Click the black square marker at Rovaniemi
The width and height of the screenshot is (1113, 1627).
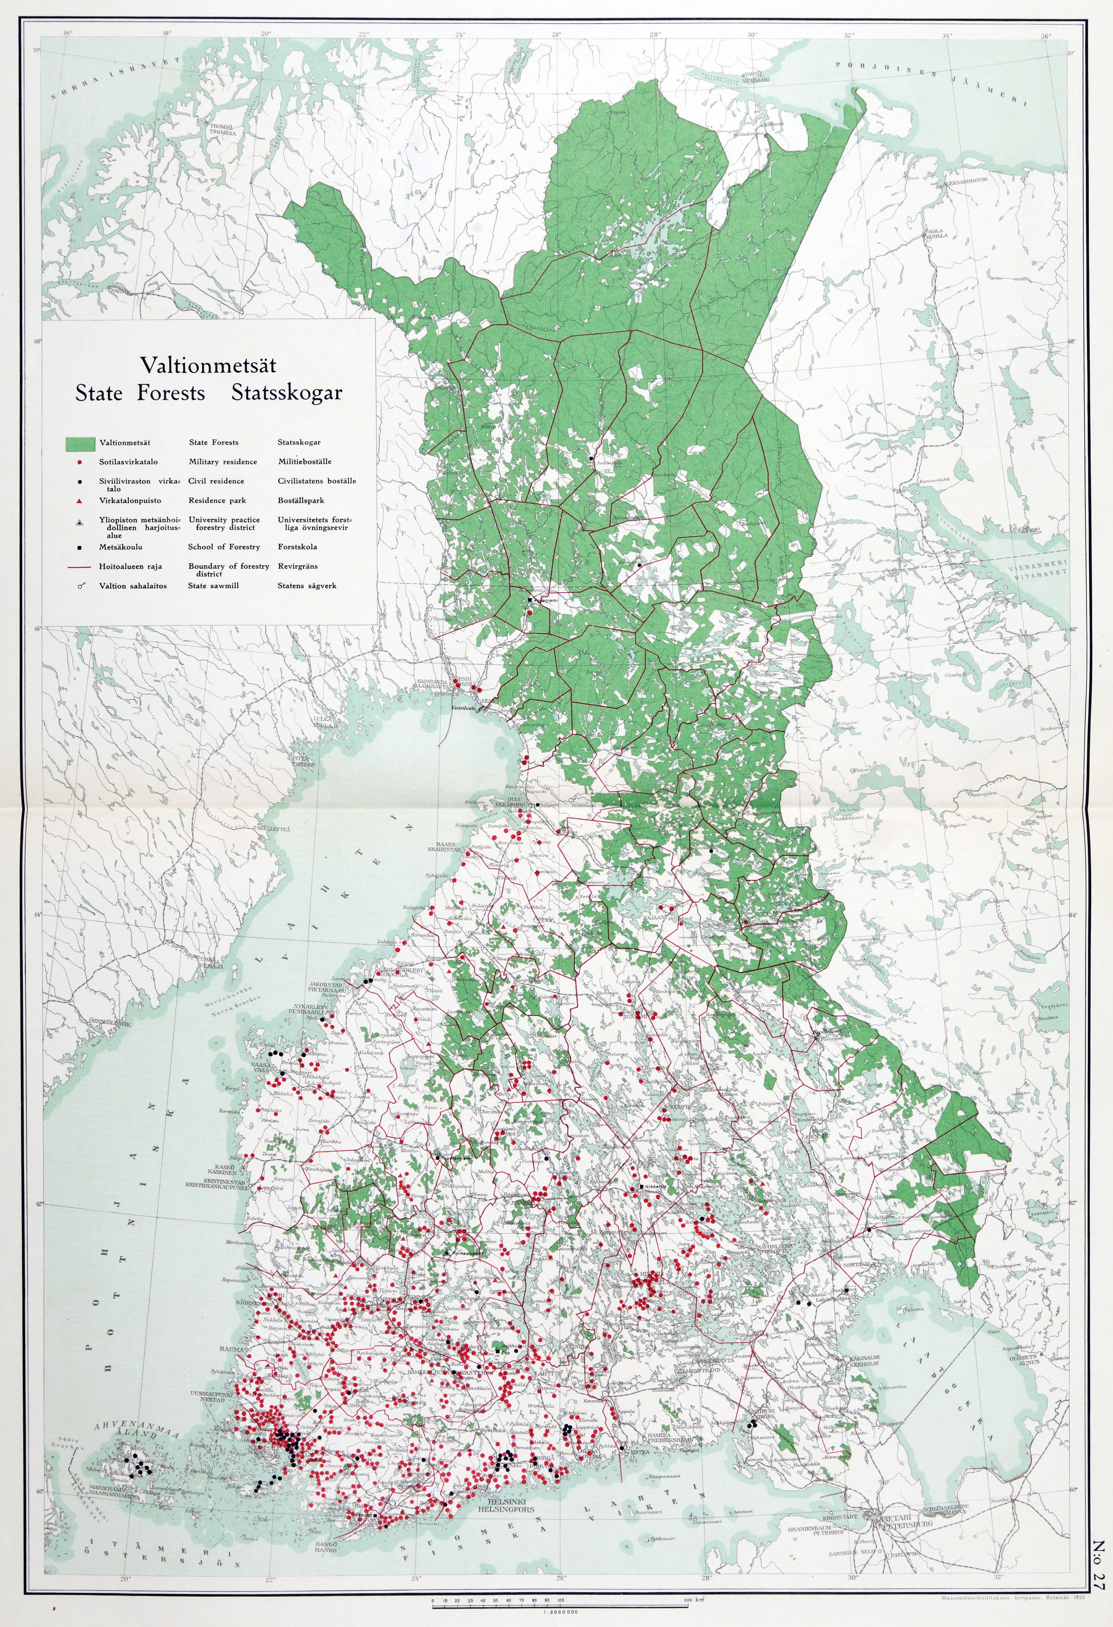click(530, 599)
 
